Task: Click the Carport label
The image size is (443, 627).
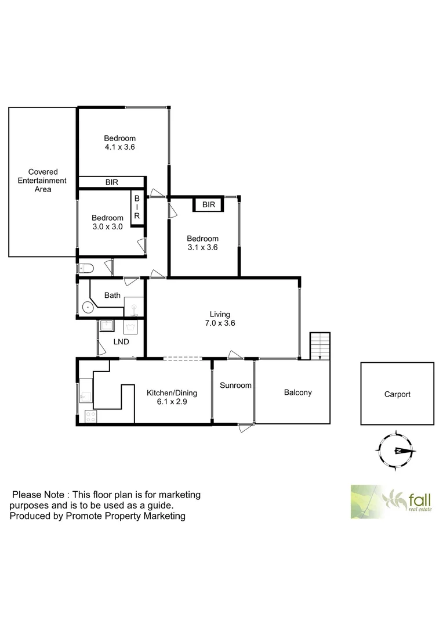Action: (x=397, y=394)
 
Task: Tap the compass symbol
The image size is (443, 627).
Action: (x=397, y=451)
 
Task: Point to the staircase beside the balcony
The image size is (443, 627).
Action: (x=319, y=346)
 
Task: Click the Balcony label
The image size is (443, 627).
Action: (x=297, y=392)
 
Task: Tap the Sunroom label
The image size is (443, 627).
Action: (x=235, y=385)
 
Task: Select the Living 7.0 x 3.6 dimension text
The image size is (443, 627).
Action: (x=222, y=323)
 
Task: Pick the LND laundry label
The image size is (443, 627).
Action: (x=121, y=341)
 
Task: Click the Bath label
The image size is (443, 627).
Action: (x=112, y=296)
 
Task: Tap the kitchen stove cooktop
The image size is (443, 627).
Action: (x=90, y=416)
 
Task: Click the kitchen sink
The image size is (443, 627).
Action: (x=85, y=397)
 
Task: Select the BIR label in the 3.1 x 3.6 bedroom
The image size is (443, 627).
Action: (x=209, y=205)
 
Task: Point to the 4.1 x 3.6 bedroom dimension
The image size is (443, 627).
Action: (x=119, y=147)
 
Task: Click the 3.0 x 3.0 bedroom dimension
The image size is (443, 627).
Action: (x=107, y=227)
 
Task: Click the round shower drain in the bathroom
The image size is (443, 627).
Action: (x=88, y=307)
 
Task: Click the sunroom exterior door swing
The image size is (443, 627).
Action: (x=246, y=428)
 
